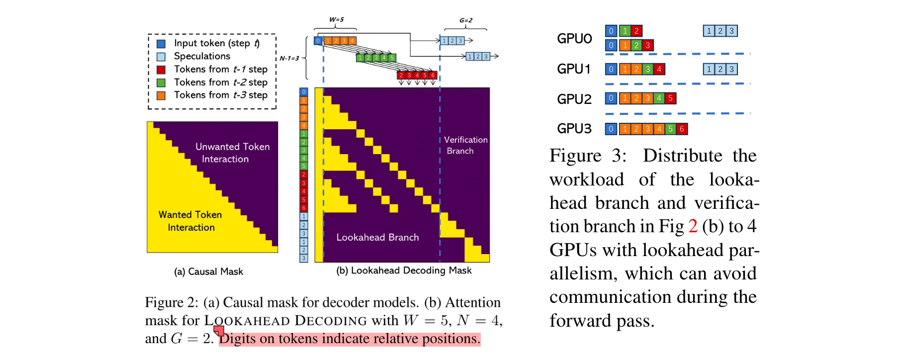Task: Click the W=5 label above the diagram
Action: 336,19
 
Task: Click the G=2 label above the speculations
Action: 465,20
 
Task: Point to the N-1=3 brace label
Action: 289,58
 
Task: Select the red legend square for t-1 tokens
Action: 161,70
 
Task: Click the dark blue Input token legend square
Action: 161,44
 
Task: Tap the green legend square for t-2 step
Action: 161,83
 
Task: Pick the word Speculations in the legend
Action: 202,56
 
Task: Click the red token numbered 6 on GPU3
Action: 682,129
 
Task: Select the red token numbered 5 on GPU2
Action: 670,98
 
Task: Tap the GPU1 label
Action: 574,69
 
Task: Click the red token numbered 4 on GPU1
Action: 659,69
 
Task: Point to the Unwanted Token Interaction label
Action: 232,153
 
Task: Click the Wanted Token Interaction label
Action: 190,221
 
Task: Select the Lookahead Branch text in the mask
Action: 377,238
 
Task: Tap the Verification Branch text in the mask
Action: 465,145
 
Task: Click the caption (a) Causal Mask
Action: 208,271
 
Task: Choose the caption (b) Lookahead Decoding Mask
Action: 404,270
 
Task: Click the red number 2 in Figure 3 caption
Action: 693,226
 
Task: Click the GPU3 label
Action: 574,129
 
